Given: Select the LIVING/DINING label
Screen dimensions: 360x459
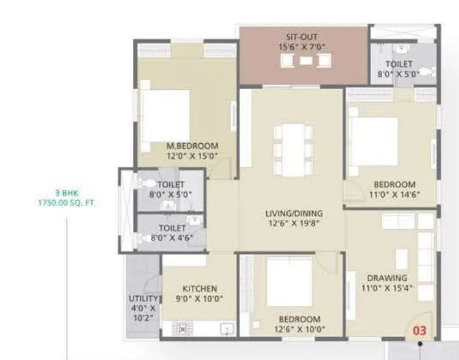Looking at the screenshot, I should pyautogui.click(x=294, y=214).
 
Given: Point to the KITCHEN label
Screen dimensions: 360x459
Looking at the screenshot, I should pyautogui.click(x=200, y=289).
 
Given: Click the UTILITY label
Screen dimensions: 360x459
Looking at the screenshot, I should pyautogui.click(x=142, y=299).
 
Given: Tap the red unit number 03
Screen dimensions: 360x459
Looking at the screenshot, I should pyautogui.click(x=420, y=331).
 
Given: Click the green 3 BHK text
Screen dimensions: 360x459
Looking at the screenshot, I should pyautogui.click(x=66, y=194).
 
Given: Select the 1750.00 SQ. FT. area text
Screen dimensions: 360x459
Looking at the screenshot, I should pyautogui.click(x=66, y=203).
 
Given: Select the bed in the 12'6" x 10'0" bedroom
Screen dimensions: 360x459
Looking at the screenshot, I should pyautogui.click(x=289, y=281).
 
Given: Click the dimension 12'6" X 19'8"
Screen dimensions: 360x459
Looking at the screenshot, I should pyautogui.click(x=294, y=223).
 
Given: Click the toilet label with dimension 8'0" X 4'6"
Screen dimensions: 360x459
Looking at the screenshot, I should pyautogui.click(x=171, y=228).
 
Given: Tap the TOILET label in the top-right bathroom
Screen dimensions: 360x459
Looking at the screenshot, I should pyautogui.click(x=398, y=64).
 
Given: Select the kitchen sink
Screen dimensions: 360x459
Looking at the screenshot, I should pyautogui.click(x=227, y=329).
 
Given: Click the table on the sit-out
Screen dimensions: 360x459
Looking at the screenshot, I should pyautogui.click(x=305, y=61).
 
